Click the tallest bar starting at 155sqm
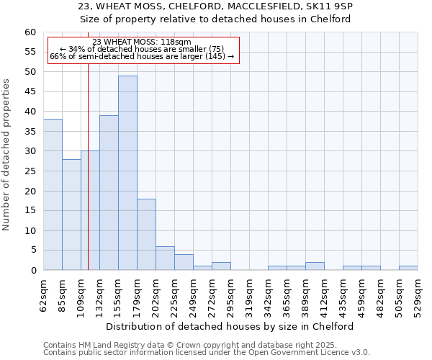(127, 173)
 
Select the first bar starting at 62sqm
(53, 194)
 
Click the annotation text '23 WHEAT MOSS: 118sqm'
(142, 42)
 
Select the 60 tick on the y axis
(30, 32)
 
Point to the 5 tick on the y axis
(32, 251)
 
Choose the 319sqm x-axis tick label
(249, 296)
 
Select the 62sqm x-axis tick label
(43, 296)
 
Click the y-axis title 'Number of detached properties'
(7, 155)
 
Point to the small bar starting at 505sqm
(408, 268)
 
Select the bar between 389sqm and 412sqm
(315, 266)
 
